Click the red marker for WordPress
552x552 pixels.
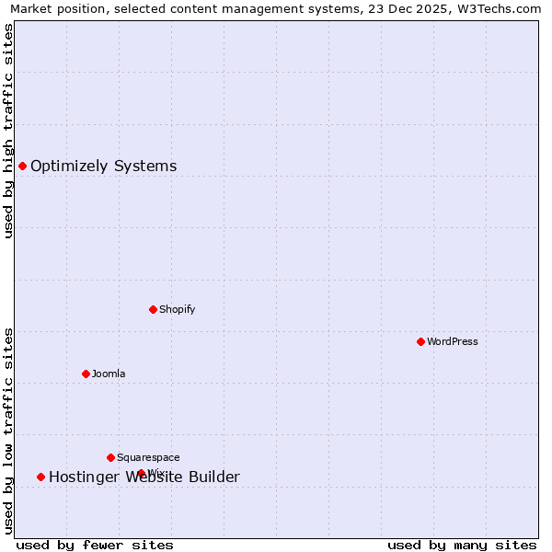click(x=420, y=341)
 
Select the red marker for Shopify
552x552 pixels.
click(x=153, y=309)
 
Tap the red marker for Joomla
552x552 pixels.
click(x=86, y=374)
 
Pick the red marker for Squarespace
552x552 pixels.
click(x=110, y=457)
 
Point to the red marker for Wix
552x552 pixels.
click(x=141, y=473)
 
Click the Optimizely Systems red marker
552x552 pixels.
click(x=22, y=166)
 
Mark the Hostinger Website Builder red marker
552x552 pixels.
click(x=40, y=477)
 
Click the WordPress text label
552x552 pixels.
click(x=452, y=341)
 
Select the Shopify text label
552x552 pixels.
click(x=177, y=309)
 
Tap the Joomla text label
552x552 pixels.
click(x=109, y=374)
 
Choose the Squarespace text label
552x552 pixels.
click(x=148, y=457)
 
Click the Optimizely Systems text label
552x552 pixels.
click(x=103, y=166)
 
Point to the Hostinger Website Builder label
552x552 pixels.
click(x=144, y=477)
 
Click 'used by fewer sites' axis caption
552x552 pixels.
click(x=95, y=545)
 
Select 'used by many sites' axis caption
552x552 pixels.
click(x=462, y=545)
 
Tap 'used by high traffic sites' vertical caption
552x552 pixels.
click(x=8, y=131)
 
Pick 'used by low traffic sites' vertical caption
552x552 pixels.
click(x=8, y=430)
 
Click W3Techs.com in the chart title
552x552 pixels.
click(x=504, y=8)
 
